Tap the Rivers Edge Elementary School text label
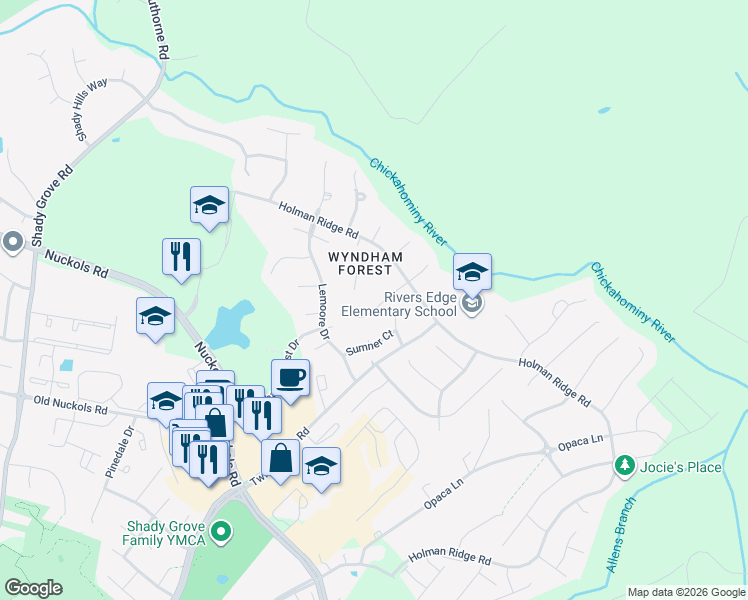coord(399,304)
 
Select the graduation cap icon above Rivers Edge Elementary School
coord(472,272)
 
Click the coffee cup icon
coord(290,378)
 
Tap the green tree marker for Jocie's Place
coord(624,466)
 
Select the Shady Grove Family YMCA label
coord(168,534)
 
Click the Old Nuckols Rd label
coord(69,407)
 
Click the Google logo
coord(33,588)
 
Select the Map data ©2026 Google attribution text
coord(685,592)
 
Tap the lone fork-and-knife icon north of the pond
coord(181,256)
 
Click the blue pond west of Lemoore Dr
coord(229,322)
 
